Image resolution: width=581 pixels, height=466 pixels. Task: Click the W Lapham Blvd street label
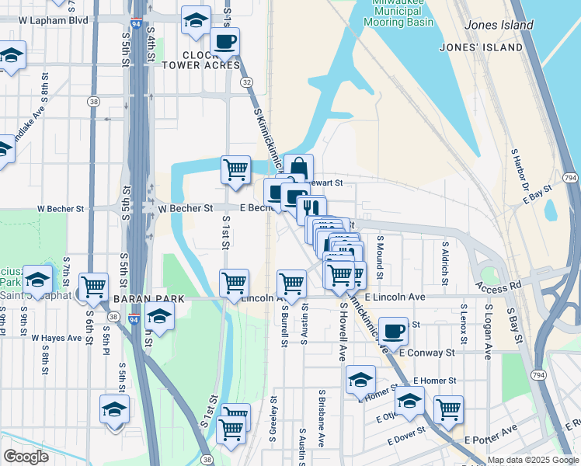coord(59,19)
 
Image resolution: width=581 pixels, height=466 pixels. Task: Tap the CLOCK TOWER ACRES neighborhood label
coord(210,60)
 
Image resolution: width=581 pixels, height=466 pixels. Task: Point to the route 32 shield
coord(246,82)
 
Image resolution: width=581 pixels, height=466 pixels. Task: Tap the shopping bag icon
coord(298,168)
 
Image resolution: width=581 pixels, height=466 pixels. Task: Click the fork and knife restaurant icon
coord(311,208)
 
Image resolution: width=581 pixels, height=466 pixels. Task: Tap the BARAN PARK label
coord(149,298)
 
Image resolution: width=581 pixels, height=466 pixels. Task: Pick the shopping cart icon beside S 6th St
coord(94,286)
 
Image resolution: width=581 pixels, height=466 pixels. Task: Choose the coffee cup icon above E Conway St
coord(393,330)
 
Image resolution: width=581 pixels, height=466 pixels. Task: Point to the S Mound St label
coord(380,257)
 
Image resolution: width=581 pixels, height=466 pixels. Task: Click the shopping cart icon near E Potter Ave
coord(448,409)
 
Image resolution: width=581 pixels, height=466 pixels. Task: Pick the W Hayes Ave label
coord(57,338)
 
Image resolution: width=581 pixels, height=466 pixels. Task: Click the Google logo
coord(26,457)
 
